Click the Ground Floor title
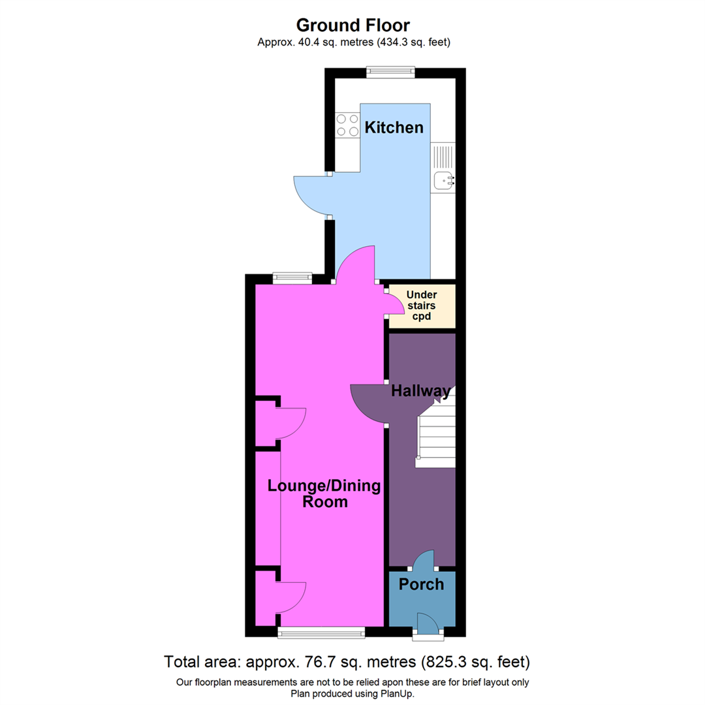click(x=352, y=25)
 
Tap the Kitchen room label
click(x=394, y=127)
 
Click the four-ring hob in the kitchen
click(x=347, y=125)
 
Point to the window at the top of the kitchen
click(x=390, y=72)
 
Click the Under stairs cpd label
click(x=422, y=305)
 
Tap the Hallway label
click(x=420, y=392)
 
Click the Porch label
click(x=421, y=584)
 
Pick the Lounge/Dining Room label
click(x=315, y=494)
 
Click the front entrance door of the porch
click(x=428, y=623)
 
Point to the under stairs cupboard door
click(x=394, y=304)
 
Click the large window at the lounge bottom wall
click(x=321, y=631)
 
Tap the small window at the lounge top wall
click(x=291, y=278)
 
